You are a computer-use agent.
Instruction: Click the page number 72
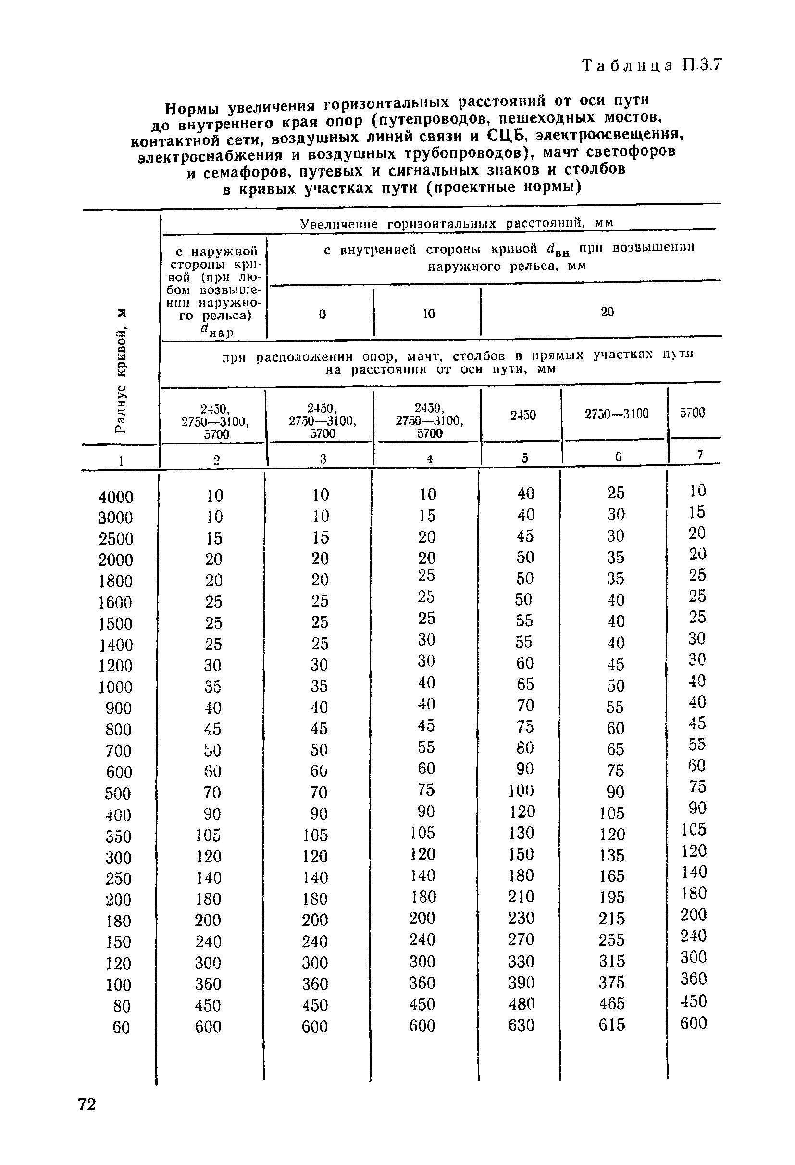click(87, 1104)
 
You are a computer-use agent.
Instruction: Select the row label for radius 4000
click(116, 497)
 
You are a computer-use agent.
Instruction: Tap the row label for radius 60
click(121, 1027)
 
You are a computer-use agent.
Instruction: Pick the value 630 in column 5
click(521, 1026)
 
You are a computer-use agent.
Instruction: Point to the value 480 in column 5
click(521, 1004)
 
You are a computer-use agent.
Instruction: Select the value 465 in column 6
click(612, 1003)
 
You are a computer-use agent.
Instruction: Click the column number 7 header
click(700, 455)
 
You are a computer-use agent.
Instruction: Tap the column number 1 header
click(121, 461)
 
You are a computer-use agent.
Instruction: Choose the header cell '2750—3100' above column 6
click(616, 414)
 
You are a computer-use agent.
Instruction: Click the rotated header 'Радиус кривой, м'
click(120, 370)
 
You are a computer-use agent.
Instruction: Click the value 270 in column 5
click(521, 939)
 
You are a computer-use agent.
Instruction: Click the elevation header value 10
click(429, 314)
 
